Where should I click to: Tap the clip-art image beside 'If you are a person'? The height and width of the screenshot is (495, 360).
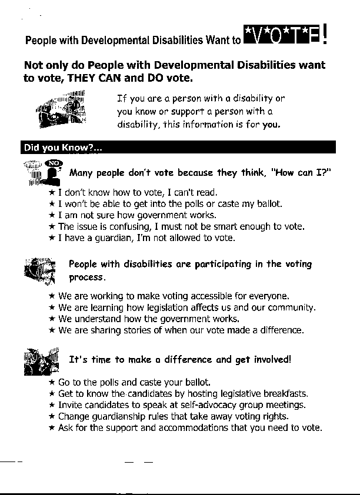pyautogui.click(x=61, y=110)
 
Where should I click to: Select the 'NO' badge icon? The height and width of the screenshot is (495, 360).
pyautogui.click(x=54, y=163)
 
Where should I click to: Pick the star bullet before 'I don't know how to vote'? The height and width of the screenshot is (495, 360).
pyautogui.click(x=52, y=192)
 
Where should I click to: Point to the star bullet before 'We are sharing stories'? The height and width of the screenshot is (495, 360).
pyautogui.click(x=52, y=330)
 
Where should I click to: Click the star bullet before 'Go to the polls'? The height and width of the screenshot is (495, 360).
pyautogui.click(x=52, y=383)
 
